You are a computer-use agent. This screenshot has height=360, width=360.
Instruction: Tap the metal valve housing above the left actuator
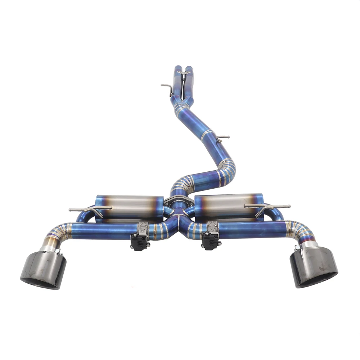(x=142, y=228)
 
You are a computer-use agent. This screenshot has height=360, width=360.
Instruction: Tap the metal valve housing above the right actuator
(x=212, y=227)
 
